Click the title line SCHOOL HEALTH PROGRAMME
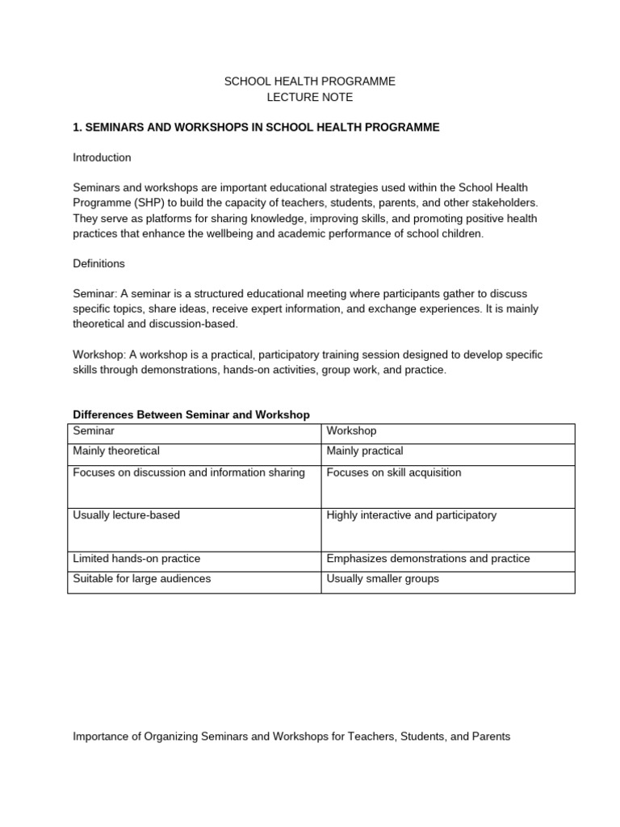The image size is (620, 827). tap(309, 82)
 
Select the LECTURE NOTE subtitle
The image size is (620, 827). tap(310, 98)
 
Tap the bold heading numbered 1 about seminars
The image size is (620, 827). tap(256, 128)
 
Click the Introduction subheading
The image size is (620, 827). tap(102, 157)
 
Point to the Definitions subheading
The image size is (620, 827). tap(98, 263)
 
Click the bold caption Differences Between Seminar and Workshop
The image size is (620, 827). tap(191, 414)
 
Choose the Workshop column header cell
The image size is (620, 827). tap(351, 431)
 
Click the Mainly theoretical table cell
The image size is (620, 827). tap(116, 451)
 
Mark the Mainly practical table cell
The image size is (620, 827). tap(365, 451)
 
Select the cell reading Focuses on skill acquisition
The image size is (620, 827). tap(394, 472)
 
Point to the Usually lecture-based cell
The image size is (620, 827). tap(126, 515)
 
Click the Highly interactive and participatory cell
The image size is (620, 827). tap(412, 515)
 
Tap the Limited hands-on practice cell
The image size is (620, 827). tap(136, 559)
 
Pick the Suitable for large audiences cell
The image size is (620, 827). tap(141, 579)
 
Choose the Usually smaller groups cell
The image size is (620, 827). tap(383, 579)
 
